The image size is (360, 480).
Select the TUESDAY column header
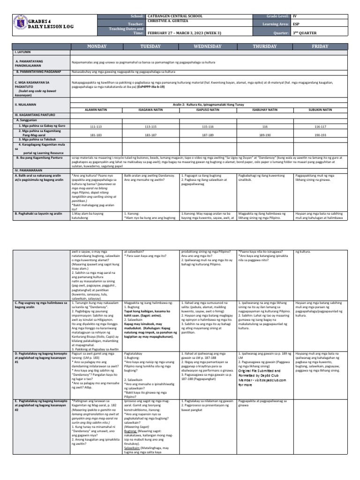pos(150,47)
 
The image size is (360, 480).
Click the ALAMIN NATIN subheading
pos(95,110)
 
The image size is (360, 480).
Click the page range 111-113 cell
pos(95,127)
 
